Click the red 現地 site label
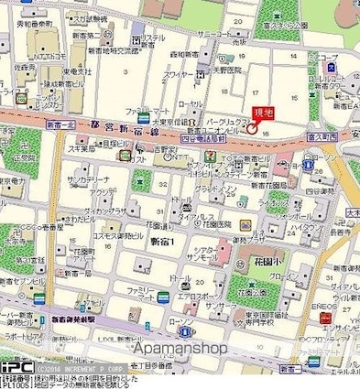tap(262, 112)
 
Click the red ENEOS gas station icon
tap(324, 316)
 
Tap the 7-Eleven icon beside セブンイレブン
tap(211, 158)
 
